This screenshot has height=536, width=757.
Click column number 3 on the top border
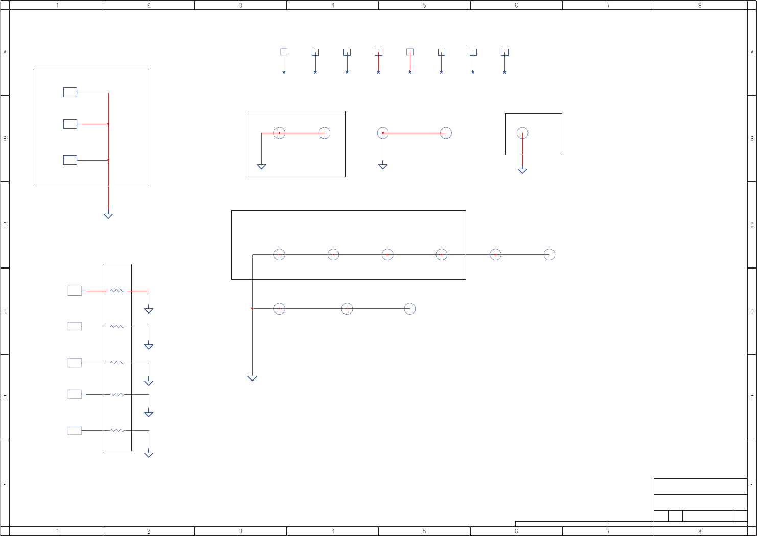(240, 5)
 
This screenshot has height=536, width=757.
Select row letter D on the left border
(5, 311)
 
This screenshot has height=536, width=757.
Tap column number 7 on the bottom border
(608, 531)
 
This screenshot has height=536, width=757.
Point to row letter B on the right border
(752, 139)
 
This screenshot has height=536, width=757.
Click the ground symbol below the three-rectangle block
(108, 216)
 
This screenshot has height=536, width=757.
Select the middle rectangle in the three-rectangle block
(70, 124)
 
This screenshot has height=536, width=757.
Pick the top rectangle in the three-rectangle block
(70, 92)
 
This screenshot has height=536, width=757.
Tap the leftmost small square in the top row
(284, 52)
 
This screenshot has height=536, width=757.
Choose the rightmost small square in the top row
(504, 52)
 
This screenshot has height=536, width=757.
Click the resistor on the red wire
(117, 291)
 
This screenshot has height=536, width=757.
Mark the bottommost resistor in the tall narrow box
(117, 430)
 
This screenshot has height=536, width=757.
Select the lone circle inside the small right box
(522, 133)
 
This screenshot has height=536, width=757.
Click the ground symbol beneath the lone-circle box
(522, 171)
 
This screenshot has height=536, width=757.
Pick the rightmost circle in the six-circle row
(549, 254)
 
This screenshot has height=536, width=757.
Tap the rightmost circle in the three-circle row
(410, 308)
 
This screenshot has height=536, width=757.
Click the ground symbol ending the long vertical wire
(253, 378)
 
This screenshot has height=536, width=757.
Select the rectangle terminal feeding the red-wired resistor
(75, 291)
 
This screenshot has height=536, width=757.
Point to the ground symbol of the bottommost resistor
(149, 454)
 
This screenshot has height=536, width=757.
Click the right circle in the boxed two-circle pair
(325, 133)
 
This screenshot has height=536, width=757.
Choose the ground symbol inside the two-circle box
(261, 166)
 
